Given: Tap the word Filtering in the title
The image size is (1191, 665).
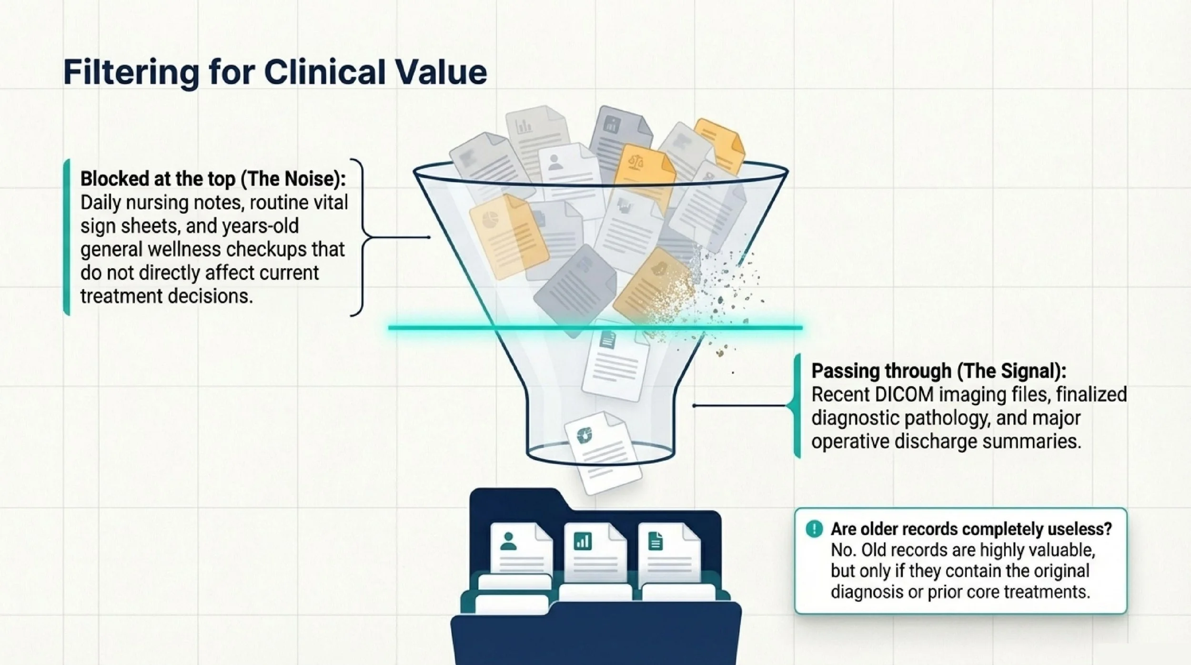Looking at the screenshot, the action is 131,72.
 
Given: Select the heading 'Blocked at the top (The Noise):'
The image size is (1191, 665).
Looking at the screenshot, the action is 213,179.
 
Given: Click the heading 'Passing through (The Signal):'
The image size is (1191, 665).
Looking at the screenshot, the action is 939,371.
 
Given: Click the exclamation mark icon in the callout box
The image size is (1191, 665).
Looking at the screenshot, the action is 814,529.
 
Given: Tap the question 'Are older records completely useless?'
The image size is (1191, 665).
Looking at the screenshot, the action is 971,529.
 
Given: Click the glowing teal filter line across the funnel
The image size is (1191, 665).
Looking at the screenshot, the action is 595,327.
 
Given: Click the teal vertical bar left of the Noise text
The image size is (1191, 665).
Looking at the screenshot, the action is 67,237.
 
